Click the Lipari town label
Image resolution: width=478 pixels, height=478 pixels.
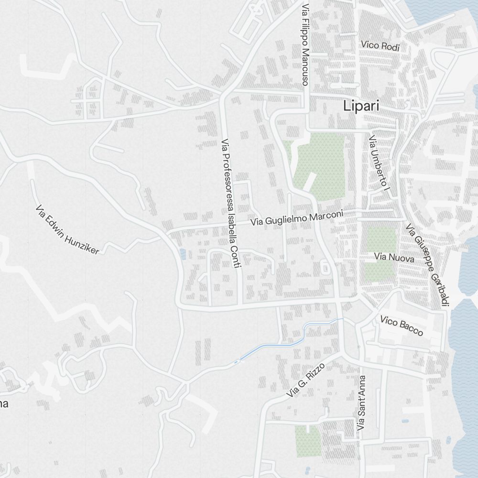click(361, 106)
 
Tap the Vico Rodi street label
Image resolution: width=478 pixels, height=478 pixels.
click(380, 46)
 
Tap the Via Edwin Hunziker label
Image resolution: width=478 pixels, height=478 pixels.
click(67, 230)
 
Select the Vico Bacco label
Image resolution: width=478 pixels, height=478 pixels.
click(402, 326)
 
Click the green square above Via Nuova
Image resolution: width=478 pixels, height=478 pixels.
click(381, 239)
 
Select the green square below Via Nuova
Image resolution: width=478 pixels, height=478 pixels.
click(379, 272)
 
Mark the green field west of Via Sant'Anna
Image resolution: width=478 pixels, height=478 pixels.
click(307, 441)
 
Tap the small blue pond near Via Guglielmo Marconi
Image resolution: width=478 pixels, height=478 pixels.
click(182, 254)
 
